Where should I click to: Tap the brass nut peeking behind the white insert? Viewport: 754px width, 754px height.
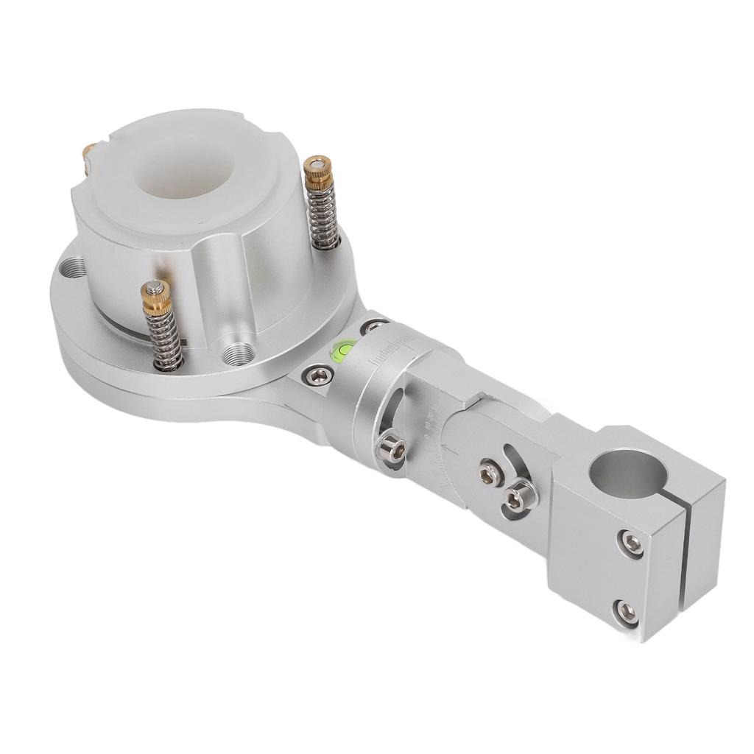click(90, 153)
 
